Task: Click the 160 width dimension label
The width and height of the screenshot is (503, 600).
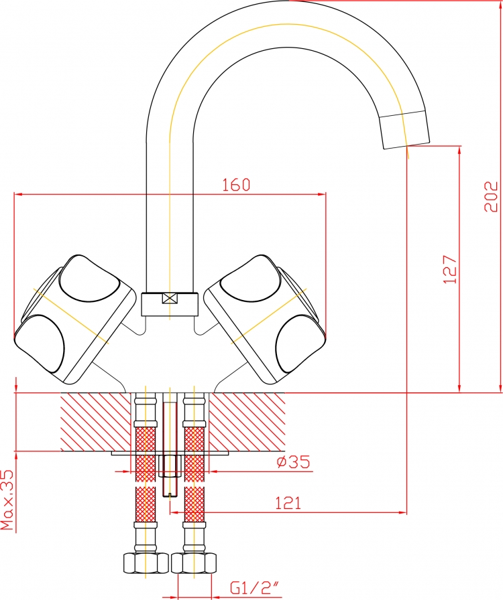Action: pyautogui.click(x=236, y=185)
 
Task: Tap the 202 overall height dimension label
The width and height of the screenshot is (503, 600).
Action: pyautogui.click(x=491, y=196)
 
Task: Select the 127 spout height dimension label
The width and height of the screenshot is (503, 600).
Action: pyautogui.click(x=451, y=269)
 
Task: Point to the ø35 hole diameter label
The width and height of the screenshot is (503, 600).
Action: pyautogui.click(x=293, y=462)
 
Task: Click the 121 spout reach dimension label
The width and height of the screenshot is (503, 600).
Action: pyautogui.click(x=288, y=503)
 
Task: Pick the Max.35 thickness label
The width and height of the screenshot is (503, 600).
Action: pyautogui.click(x=7, y=500)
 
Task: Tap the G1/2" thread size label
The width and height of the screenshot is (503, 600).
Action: pyautogui.click(x=254, y=588)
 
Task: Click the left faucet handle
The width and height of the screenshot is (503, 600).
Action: pyautogui.click(x=75, y=319)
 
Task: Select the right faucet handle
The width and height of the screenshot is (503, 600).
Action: pyautogui.click(x=264, y=319)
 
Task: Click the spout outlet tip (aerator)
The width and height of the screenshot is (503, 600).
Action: pyautogui.click(x=404, y=129)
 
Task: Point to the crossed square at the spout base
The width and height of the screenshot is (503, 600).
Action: pyautogui.click(x=170, y=298)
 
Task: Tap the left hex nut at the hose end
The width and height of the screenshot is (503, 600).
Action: pyautogui.click(x=146, y=563)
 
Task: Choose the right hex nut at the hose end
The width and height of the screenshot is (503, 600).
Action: pyautogui.click(x=194, y=563)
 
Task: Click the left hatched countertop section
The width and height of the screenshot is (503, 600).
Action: pyautogui.click(x=96, y=422)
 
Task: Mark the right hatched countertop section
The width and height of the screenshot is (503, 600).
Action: pyautogui.click(x=247, y=422)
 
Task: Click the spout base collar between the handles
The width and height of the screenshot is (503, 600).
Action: pyautogui.click(x=170, y=305)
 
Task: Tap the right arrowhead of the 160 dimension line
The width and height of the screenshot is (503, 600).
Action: pyautogui.click(x=323, y=194)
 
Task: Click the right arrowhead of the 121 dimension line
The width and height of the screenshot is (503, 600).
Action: pyautogui.click(x=403, y=512)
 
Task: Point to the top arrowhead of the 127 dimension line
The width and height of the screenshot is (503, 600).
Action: pyautogui.click(x=459, y=149)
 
